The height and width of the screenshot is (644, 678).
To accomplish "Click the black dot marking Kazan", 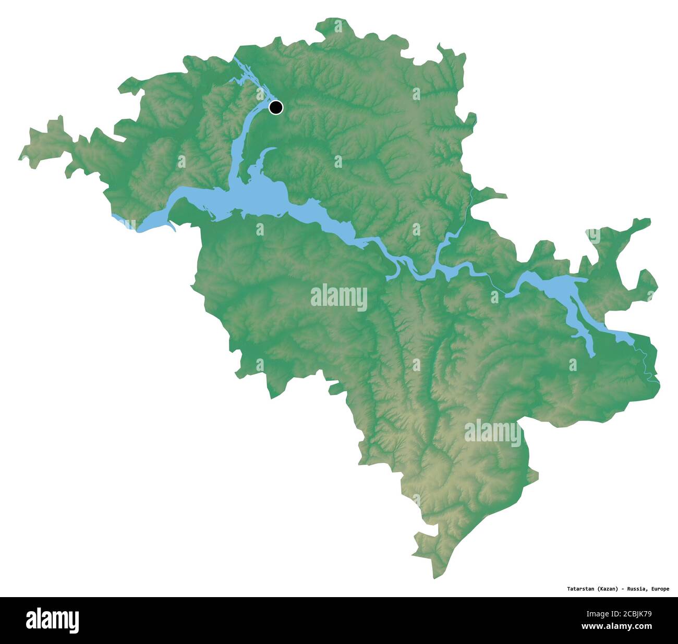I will point(276,107).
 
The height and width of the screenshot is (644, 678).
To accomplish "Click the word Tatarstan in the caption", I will point(581,589).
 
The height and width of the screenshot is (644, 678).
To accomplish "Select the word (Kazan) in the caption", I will point(608,589).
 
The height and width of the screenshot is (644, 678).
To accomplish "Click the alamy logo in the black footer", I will point(52,621).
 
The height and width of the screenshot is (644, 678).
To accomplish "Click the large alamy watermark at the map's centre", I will point(339,298).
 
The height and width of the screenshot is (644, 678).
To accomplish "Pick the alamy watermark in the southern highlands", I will point(492,433).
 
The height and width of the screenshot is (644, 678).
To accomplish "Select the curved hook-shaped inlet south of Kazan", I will point(269,154).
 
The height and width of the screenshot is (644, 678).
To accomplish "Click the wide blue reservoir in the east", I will point(558,287).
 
